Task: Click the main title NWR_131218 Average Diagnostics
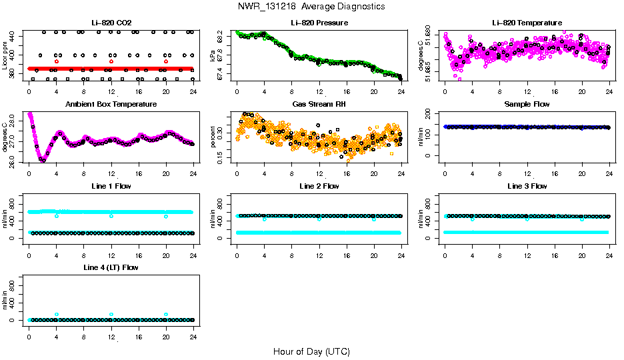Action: tap(311, 6)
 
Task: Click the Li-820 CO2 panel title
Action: tap(111, 23)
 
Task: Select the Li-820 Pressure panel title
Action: tap(319, 23)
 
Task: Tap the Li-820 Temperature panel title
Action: tap(527, 23)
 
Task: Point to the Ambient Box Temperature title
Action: tap(111, 105)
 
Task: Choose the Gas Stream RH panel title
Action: tap(319, 105)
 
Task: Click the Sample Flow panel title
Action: tap(527, 105)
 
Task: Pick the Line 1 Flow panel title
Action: tap(111, 186)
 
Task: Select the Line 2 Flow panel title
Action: tap(319, 186)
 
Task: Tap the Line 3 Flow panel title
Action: tap(527, 186)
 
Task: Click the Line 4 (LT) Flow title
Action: tap(111, 267)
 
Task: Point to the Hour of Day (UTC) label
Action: tap(311, 351)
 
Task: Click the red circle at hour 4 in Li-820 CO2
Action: tap(57, 61)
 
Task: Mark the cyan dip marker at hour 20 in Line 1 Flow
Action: tap(166, 216)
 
